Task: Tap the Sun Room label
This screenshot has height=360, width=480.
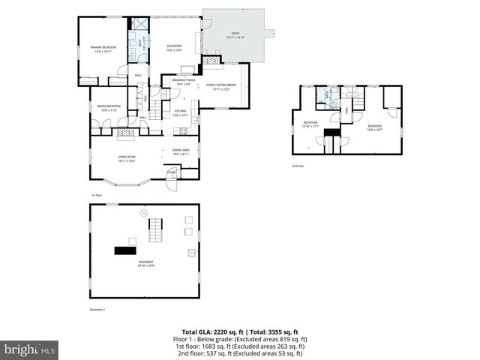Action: pyautogui.click(x=174, y=48)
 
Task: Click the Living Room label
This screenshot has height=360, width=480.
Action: pyautogui.click(x=125, y=158)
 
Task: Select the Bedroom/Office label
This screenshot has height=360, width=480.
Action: pyautogui.click(x=109, y=108)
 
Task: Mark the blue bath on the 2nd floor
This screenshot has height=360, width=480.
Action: pyautogui.click(x=322, y=94)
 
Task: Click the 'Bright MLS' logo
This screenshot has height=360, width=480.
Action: pyautogui.click(x=30, y=349)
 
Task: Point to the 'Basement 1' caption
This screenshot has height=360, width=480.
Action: pyautogui.click(x=97, y=310)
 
